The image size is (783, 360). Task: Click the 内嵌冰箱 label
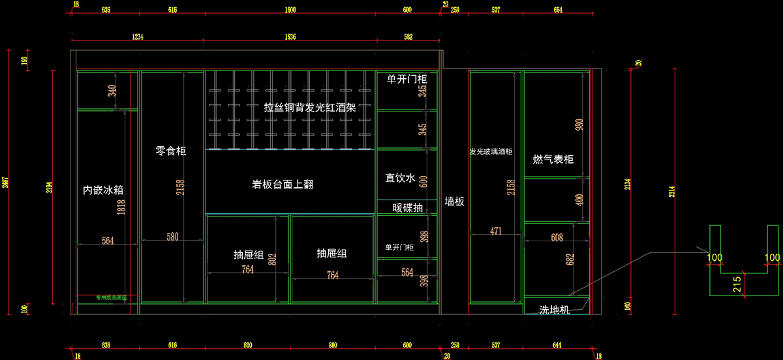coord(103,190)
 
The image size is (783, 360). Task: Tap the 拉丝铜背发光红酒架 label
coord(310,108)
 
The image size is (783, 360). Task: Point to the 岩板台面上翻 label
coord(283,184)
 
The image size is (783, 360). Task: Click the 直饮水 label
coord(400,177)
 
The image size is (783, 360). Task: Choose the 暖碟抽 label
coord(407,208)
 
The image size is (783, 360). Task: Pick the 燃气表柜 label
coord(553,160)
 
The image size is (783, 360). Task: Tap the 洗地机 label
coord(555,310)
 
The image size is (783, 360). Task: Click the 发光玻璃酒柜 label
coord(491,152)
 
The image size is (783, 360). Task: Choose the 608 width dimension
coord(557,238)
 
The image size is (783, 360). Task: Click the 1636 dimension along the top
coord(290,37)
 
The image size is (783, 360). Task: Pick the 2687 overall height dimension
coord(7,182)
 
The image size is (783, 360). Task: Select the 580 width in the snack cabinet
coord(173,237)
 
